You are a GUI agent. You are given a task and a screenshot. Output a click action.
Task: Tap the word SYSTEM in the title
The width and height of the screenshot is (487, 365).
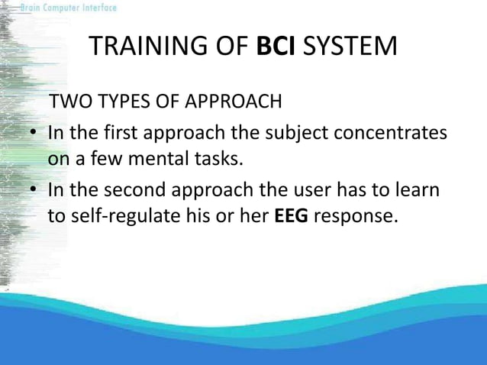pyautogui.click(x=350, y=46)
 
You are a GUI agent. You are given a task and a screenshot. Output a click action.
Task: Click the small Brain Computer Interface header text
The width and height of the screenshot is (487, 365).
pyautogui.click(x=69, y=8)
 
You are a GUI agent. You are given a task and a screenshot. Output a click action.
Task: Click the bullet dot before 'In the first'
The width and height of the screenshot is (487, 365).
pyautogui.click(x=34, y=133)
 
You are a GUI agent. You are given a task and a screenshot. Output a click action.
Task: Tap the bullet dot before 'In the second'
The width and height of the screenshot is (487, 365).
pyautogui.click(x=34, y=189)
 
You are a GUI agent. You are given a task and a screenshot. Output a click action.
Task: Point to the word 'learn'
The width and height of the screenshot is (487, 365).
pyautogui.click(x=417, y=189)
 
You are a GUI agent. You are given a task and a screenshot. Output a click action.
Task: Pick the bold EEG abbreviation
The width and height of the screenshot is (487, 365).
pyautogui.click(x=292, y=216)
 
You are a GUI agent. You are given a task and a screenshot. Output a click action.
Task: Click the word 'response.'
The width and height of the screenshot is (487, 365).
pyautogui.click(x=356, y=216)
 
